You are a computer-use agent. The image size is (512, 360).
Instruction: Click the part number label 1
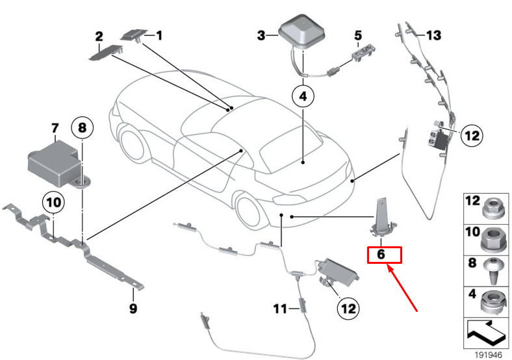[x=159, y=35]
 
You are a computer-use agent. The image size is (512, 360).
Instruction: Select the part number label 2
[x=99, y=36]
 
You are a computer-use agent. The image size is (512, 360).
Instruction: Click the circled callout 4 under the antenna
[x=303, y=96]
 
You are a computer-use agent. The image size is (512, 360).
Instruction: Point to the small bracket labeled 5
[x=363, y=51]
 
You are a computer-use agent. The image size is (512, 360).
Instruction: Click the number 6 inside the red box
[x=381, y=254]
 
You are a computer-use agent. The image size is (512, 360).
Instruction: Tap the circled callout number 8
[x=82, y=127]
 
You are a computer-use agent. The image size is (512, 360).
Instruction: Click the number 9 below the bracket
[x=133, y=308]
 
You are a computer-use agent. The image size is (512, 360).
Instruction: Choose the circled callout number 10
[x=53, y=202]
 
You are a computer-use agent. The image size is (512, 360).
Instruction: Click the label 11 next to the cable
[x=280, y=309]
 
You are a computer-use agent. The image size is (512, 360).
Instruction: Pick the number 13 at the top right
[x=433, y=35]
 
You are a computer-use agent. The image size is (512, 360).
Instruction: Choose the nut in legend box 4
[x=494, y=303]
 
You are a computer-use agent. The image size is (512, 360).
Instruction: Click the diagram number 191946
[x=488, y=355]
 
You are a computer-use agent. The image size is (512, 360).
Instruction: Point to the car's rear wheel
[x=250, y=211]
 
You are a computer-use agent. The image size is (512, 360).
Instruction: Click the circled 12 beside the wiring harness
[x=472, y=135]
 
